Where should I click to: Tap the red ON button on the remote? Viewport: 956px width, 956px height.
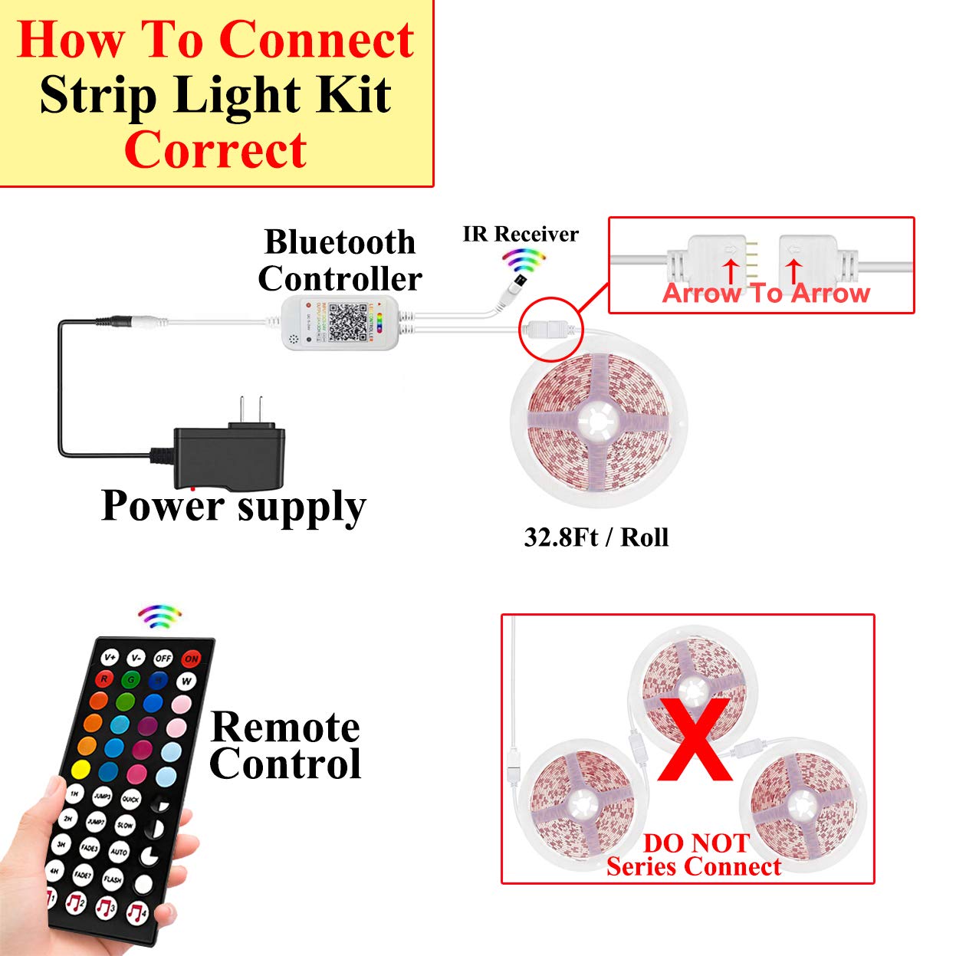tap(191, 659)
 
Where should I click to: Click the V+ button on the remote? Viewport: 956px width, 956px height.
tap(110, 657)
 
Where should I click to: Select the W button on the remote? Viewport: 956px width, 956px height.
tap(186, 681)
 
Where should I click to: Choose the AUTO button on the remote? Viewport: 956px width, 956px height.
tap(119, 851)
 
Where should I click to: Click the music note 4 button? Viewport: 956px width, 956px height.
tap(136, 912)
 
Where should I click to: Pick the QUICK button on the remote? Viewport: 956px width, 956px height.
tap(130, 799)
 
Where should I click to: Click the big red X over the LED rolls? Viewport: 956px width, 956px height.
tap(695, 739)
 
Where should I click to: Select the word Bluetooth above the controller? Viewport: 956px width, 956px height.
tap(340, 242)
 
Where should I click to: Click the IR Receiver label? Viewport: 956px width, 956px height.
tap(521, 234)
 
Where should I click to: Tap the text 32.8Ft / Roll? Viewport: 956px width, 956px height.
tap(596, 537)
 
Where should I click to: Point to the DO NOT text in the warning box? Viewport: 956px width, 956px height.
tap(695, 843)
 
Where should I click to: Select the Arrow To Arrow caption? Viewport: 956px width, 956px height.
tap(766, 293)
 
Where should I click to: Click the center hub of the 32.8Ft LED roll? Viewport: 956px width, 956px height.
tap(597, 420)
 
